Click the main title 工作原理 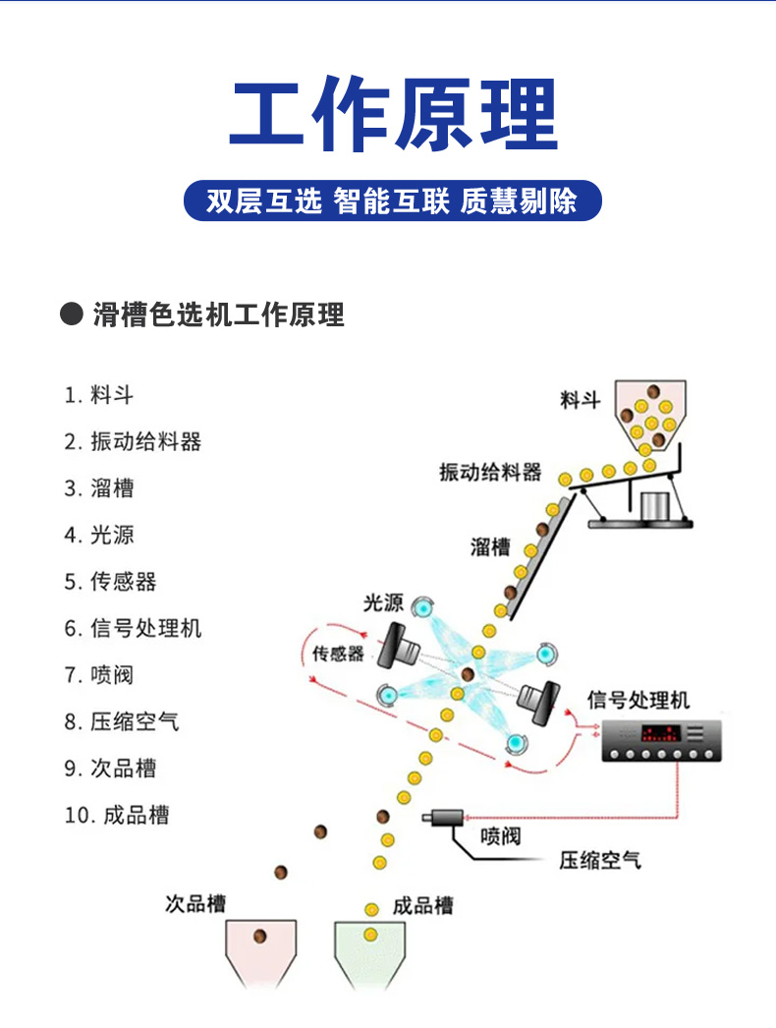393,113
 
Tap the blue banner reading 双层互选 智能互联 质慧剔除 393,200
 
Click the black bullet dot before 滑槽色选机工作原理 72,314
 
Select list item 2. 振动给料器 133,441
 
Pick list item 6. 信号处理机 133,628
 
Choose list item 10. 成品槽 117,815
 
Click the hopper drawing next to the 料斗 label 650,416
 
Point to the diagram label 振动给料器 490,472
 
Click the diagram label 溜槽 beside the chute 490,546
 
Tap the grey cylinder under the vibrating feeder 653,506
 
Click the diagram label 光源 383,602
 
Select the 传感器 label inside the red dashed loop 338,654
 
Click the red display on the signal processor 660,733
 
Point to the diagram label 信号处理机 637,700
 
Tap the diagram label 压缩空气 600,860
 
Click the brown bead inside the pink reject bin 260,937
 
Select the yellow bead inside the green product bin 370,935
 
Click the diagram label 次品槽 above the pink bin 195,903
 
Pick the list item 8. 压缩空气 122,721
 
